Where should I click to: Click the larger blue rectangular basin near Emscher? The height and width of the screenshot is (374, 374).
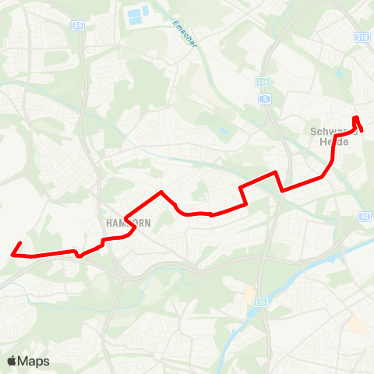click(138, 12)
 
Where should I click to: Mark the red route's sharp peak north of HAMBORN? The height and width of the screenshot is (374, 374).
click(161, 192)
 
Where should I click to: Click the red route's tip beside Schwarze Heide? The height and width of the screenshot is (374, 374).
click(362, 129)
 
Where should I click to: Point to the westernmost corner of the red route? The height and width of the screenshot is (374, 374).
click(12, 253)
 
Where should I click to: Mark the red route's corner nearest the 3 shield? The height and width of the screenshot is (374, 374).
click(276, 173)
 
